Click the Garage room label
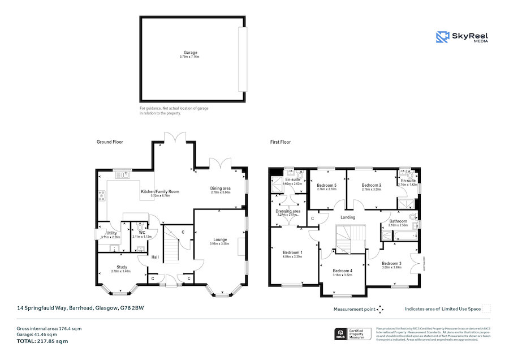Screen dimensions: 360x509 pos(190,53)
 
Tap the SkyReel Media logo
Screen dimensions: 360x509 pos(462,37)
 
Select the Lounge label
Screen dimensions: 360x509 pos(220,239)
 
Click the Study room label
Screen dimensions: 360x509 pos(122,267)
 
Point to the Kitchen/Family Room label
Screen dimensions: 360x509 pos(159,192)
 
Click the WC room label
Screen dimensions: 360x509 pos(138,233)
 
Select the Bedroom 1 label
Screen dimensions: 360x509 pos(293,252)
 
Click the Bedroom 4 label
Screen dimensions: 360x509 pos(342,271)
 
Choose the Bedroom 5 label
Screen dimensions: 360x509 pos(326,186)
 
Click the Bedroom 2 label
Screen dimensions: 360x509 pos(372,186)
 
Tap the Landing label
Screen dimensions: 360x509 pos(347,217)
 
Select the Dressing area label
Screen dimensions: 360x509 pos(288,211)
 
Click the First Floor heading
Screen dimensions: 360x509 pos(280,142)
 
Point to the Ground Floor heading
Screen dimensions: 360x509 pos(110,142)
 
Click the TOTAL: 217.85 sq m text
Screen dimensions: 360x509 pos(42,341)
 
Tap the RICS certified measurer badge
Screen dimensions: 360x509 pos(353,334)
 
